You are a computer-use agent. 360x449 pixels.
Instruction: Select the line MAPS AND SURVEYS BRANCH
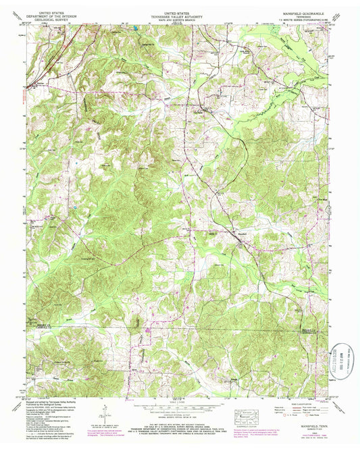coord(180,21)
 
